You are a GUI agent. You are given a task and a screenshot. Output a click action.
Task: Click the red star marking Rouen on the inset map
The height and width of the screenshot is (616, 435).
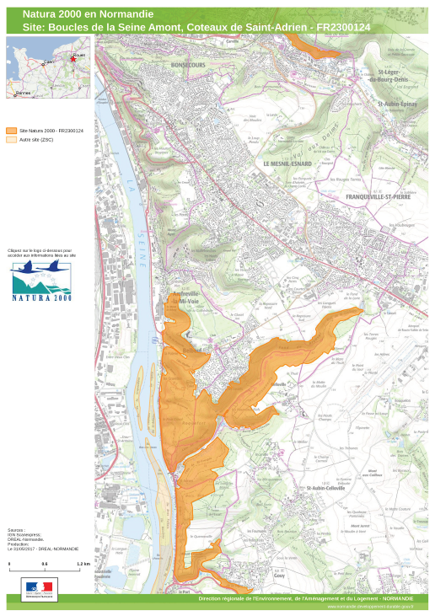click(73, 58)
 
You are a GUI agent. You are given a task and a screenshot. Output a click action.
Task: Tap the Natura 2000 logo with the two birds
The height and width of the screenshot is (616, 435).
click(41, 281)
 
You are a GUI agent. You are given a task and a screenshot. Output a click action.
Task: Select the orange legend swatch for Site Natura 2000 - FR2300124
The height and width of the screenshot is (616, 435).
click(11, 131)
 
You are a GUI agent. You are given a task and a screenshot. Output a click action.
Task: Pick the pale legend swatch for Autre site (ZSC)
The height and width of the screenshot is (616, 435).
click(11, 140)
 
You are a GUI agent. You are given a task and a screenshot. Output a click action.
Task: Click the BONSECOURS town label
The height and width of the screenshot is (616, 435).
click(187, 64)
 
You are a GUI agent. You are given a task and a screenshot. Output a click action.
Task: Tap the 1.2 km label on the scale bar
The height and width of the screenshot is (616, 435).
click(83, 563)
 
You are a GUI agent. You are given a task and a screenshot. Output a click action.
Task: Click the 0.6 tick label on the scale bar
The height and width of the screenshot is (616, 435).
click(45, 563)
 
